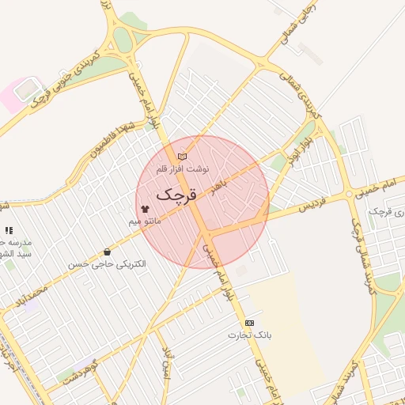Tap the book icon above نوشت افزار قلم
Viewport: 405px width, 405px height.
tap(183, 157)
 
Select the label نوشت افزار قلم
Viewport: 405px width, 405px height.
tap(183, 168)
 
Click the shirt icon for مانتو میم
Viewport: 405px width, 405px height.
tap(145, 209)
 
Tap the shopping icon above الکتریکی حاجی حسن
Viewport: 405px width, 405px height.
tap(107, 252)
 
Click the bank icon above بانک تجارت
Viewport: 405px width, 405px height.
tap(250, 323)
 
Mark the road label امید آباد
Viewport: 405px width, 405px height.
tap(167, 361)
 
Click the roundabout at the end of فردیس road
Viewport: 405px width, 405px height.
tap(349, 194)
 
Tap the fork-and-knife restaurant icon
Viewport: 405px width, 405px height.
tap(9, 229)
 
